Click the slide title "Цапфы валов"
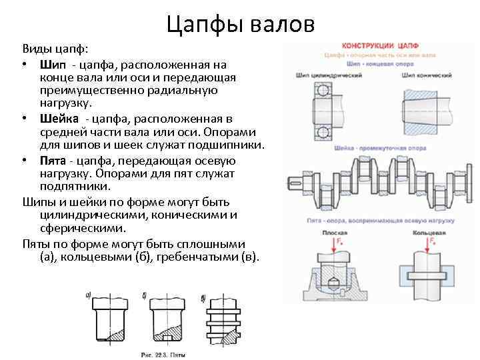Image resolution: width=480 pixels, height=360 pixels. point(239,24)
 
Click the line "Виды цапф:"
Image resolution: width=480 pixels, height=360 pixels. point(51,49)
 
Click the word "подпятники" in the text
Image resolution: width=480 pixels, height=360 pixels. point(73,187)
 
